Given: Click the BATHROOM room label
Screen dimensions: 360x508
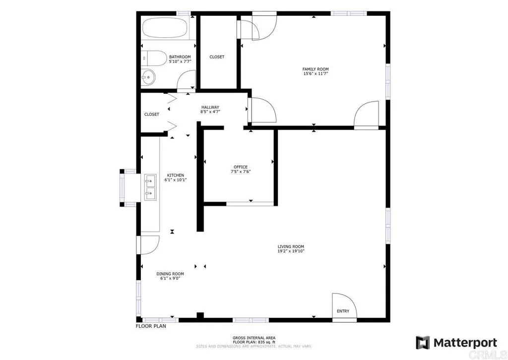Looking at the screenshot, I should click(180, 57).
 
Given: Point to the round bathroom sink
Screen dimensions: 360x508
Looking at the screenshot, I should click(148, 77).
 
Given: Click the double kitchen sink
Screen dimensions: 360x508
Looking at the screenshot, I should click(150, 187).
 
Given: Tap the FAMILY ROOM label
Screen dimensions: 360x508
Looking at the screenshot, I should click(316, 69).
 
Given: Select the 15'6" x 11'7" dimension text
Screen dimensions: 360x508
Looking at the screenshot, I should click(316, 74).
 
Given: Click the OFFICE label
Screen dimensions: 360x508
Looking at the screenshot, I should click(241, 167).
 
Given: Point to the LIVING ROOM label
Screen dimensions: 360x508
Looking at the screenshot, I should click(291, 247).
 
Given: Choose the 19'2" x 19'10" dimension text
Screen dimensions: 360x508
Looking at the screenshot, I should click(291, 252).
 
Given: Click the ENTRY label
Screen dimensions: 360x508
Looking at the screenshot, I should click(343, 311).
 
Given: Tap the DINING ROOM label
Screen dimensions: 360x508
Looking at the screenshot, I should click(170, 274).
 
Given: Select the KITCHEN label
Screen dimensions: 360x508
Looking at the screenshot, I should click(175, 175).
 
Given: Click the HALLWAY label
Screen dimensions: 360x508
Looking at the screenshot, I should click(210, 107).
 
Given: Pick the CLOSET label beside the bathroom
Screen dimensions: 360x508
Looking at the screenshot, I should click(217, 57).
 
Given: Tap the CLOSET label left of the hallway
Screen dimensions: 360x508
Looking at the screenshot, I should click(152, 114).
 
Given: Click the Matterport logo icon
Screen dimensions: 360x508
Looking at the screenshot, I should click(423, 343).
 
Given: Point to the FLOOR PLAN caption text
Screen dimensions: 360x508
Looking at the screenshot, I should click(151, 326).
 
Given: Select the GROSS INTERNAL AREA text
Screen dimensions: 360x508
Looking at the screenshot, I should click(254, 338).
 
